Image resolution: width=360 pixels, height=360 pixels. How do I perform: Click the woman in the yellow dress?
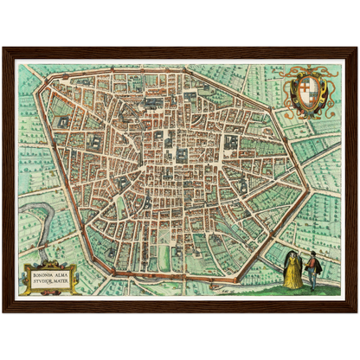[292, 270]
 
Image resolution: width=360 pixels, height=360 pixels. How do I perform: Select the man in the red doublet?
[312, 269]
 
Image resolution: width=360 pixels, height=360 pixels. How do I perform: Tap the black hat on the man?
[312, 254]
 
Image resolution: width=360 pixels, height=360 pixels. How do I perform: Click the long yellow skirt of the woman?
[292, 278]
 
